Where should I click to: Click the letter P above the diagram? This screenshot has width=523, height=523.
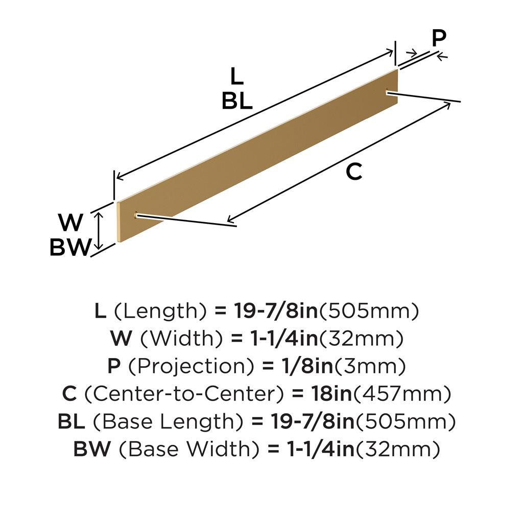click(438, 38)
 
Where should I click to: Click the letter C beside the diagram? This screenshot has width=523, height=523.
click(354, 172)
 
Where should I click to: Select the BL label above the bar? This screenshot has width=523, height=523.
click(237, 102)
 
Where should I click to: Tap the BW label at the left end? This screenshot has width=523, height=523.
click(70, 248)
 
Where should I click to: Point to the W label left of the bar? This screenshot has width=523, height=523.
click(70, 223)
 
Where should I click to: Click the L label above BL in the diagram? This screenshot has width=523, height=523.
click(236, 77)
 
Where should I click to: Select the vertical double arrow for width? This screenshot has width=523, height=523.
click(100, 231)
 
